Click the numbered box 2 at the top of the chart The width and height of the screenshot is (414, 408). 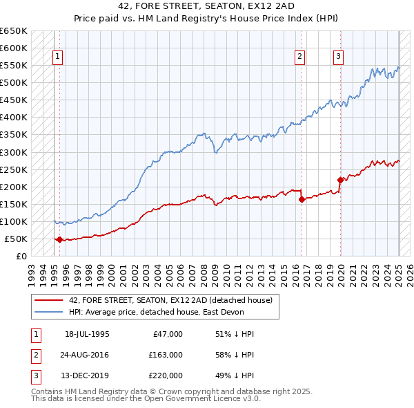pos(301,57)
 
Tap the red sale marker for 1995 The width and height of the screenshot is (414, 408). pos(59,239)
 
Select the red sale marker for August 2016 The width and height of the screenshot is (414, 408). pos(302,199)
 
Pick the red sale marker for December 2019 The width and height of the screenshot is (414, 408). pos(340,180)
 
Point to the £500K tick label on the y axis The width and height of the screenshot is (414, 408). pos(13,83)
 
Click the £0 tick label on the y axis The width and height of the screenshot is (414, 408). pos(21,256)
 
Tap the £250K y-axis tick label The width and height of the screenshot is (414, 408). pos(13,169)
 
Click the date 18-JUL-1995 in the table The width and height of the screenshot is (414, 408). pos(87,334)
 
